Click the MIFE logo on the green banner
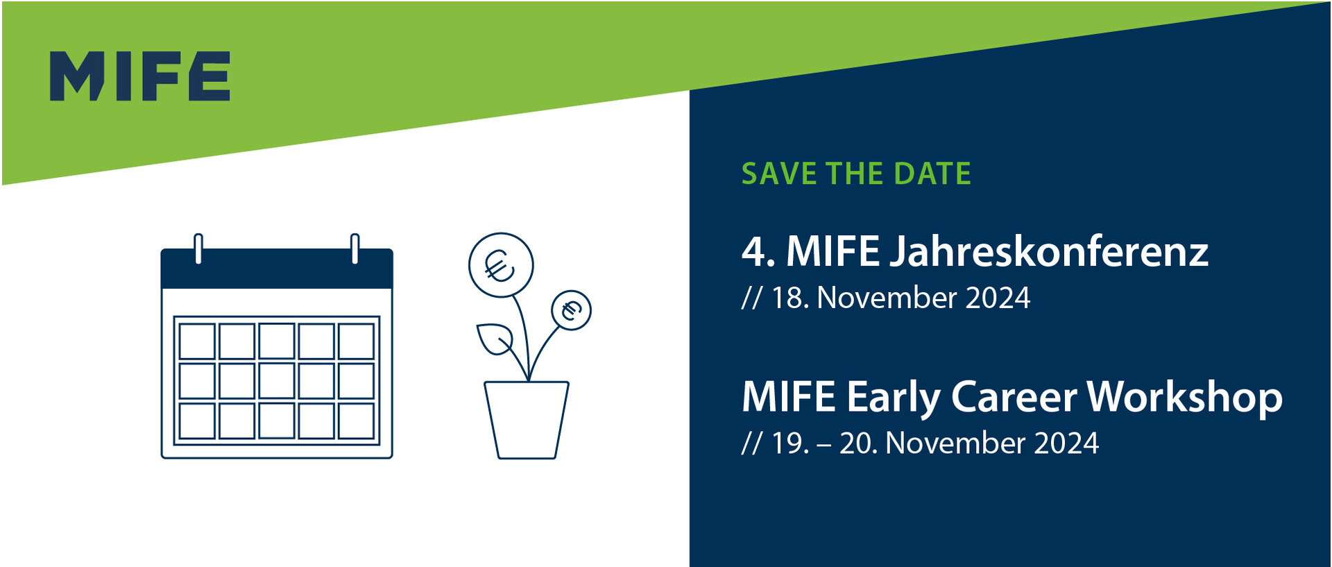pyautogui.click(x=139, y=76)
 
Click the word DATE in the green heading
pyautogui.click(x=932, y=174)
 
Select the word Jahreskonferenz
pyautogui.click(x=1049, y=251)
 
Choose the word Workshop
pyautogui.click(x=1185, y=398)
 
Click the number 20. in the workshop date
pyautogui.click(x=858, y=443)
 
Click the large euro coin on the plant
pyautogui.click(x=501, y=265)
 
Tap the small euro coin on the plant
pyautogui.click(x=571, y=310)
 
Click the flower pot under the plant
pyautogui.click(x=527, y=420)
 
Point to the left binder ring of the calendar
pyautogui.click(x=198, y=248)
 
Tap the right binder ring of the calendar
pyautogui.click(x=355, y=248)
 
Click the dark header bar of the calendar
pyautogui.click(x=277, y=269)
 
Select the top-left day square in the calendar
pyautogui.click(x=197, y=341)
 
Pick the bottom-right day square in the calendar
pyautogui.click(x=357, y=421)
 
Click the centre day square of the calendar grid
pyautogui.click(x=277, y=381)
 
